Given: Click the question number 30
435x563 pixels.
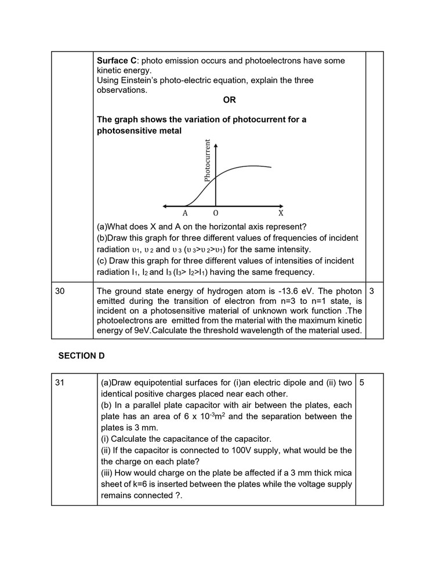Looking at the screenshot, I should pos(60,291).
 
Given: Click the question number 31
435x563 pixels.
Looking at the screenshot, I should pos(60,383).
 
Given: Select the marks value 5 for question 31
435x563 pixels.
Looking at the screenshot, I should pos(362,383).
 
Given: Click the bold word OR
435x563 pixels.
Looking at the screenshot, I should pos(229,100).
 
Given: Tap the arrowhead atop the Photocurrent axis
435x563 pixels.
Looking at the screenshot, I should pos(216,141).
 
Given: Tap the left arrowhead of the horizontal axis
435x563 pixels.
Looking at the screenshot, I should pos(165,206).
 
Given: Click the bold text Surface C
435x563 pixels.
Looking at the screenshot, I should pos(117,61).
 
